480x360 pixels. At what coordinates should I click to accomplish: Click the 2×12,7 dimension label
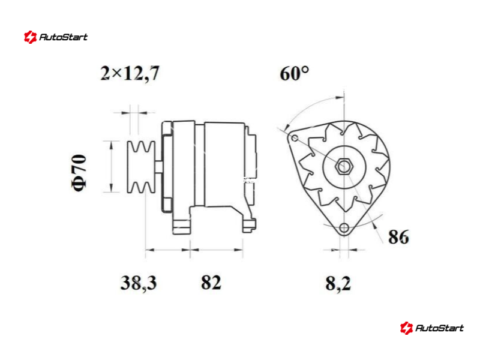pyautogui.click(x=130, y=73)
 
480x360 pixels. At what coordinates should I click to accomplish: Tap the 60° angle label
pyautogui.click(x=294, y=73)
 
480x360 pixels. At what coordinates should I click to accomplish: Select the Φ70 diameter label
pyautogui.click(x=79, y=173)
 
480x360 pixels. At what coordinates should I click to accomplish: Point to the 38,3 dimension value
pyautogui.click(x=139, y=283)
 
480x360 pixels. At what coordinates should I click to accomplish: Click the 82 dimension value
pyautogui.click(x=211, y=283)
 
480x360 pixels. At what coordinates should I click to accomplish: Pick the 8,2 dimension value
pyautogui.click(x=338, y=283)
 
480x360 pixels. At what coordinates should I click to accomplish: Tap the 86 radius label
pyautogui.click(x=398, y=237)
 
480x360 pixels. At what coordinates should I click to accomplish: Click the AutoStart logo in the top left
pyautogui.click(x=56, y=37)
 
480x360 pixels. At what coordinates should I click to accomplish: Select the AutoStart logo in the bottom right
pyautogui.click(x=431, y=328)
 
